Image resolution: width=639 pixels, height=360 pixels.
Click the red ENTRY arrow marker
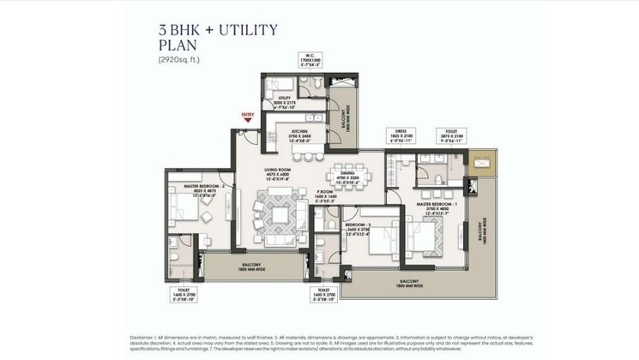point(247,118)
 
